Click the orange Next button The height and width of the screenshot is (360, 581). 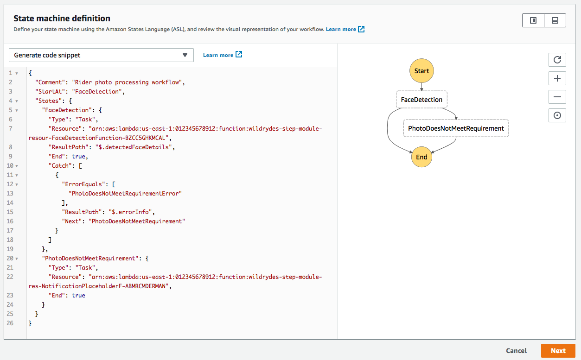tap(558, 351)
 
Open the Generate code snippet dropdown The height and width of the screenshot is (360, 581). tap(101, 55)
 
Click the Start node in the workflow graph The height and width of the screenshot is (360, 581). tap(421, 71)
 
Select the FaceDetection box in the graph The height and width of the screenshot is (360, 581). tap(421, 100)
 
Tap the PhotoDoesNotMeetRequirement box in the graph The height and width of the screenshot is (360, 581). tap(456, 128)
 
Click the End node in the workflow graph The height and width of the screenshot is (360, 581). tap(421, 157)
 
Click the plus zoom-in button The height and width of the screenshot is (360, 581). tap(557, 78)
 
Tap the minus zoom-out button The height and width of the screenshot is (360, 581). tap(557, 97)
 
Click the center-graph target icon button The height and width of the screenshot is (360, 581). tap(557, 115)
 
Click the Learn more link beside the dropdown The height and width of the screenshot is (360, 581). tap(222, 55)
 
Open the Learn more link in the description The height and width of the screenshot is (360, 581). tap(345, 29)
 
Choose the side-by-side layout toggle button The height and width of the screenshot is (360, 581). tap(533, 20)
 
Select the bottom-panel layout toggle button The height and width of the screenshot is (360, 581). tap(555, 20)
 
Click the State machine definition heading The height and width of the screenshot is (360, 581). tap(62, 18)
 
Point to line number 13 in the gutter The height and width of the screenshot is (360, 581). tap(10, 193)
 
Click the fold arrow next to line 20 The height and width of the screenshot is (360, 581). tap(17, 259)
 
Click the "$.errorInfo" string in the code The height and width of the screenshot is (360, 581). tap(130, 212)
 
